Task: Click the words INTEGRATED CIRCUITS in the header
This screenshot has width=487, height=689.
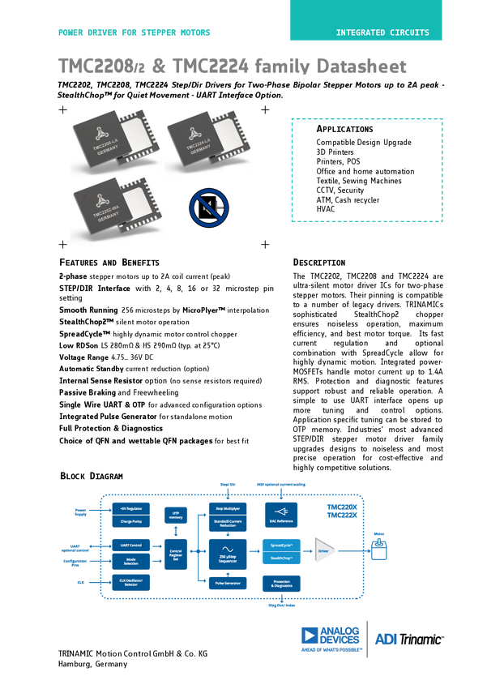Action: click(383, 33)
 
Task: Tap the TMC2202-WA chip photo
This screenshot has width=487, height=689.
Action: click(118, 212)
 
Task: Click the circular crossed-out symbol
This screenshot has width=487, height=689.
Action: click(209, 208)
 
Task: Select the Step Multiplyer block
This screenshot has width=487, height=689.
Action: click(228, 507)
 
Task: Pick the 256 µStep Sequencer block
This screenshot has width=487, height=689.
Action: click(228, 555)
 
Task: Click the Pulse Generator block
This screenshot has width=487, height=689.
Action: click(228, 583)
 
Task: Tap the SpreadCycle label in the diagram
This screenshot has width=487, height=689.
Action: click(280, 544)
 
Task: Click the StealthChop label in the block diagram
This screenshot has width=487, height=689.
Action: click(280, 558)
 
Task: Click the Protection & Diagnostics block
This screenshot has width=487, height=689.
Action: click(280, 583)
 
